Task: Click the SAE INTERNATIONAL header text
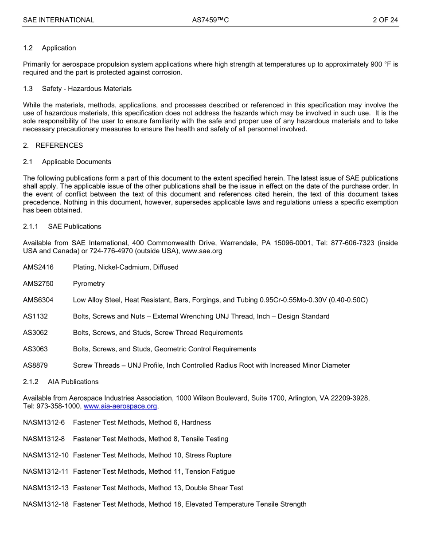point(58,20)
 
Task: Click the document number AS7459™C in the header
point(210,20)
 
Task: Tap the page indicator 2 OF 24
point(385,20)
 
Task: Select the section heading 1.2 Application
point(50,48)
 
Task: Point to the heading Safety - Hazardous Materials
point(86,89)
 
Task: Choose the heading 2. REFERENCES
point(53,146)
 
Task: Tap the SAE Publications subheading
point(74,227)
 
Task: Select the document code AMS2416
point(38,267)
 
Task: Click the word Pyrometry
point(89,284)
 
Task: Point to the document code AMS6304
point(38,300)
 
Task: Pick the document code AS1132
point(35,317)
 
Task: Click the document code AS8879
point(35,366)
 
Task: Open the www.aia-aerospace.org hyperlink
point(120,406)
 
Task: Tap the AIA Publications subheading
point(73,382)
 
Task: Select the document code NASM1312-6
point(44,423)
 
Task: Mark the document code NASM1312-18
point(46,504)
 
